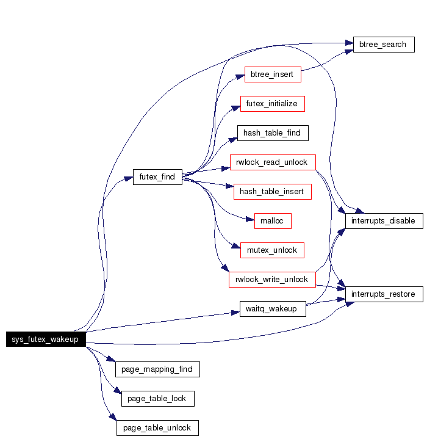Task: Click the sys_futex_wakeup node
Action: click(46, 339)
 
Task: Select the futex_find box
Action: click(157, 177)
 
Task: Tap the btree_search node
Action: click(384, 45)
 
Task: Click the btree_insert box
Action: click(272, 74)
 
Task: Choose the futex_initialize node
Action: click(272, 104)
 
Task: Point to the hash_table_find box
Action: click(272, 133)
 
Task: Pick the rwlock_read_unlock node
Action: click(272, 162)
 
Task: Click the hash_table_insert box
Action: click(272, 192)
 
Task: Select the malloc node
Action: click(272, 221)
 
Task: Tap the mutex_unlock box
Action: click(272, 250)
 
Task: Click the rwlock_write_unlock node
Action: click(272, 279)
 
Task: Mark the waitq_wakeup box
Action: click(272, 309)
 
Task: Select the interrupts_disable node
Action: click(384, 221)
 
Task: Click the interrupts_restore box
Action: click(384, 294)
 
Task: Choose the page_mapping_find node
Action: click(157, 369)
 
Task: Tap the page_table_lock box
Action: click(157, 399)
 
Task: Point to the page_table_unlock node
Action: click(157, 428)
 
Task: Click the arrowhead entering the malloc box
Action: click(250, 219)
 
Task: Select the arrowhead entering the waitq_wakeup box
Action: click(235, 313)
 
